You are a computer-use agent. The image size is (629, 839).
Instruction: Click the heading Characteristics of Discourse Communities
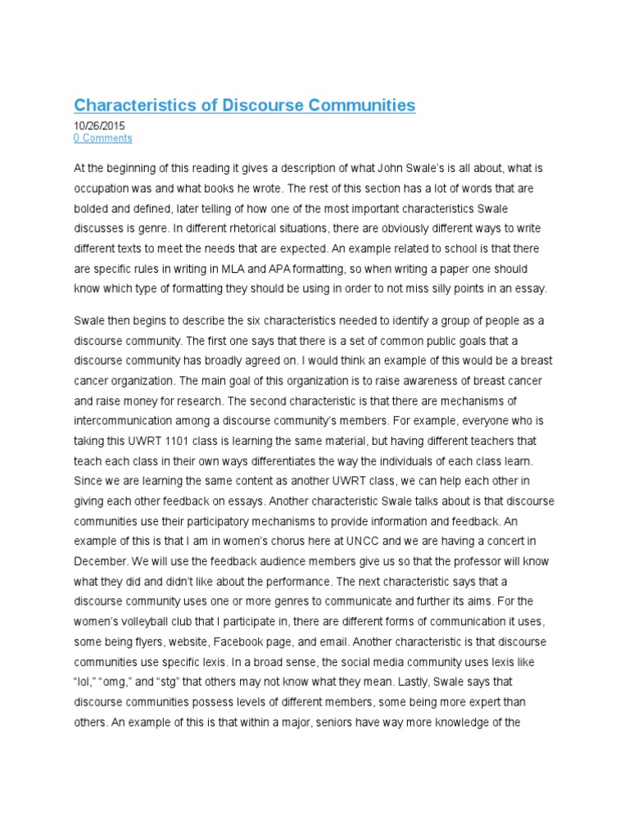click(x=245, y=106)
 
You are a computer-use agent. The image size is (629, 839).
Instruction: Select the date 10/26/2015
click(x=100, y=126)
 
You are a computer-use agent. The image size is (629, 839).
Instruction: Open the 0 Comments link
click(x=102, y=138)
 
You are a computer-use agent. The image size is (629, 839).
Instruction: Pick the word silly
click(x=435, y=288)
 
